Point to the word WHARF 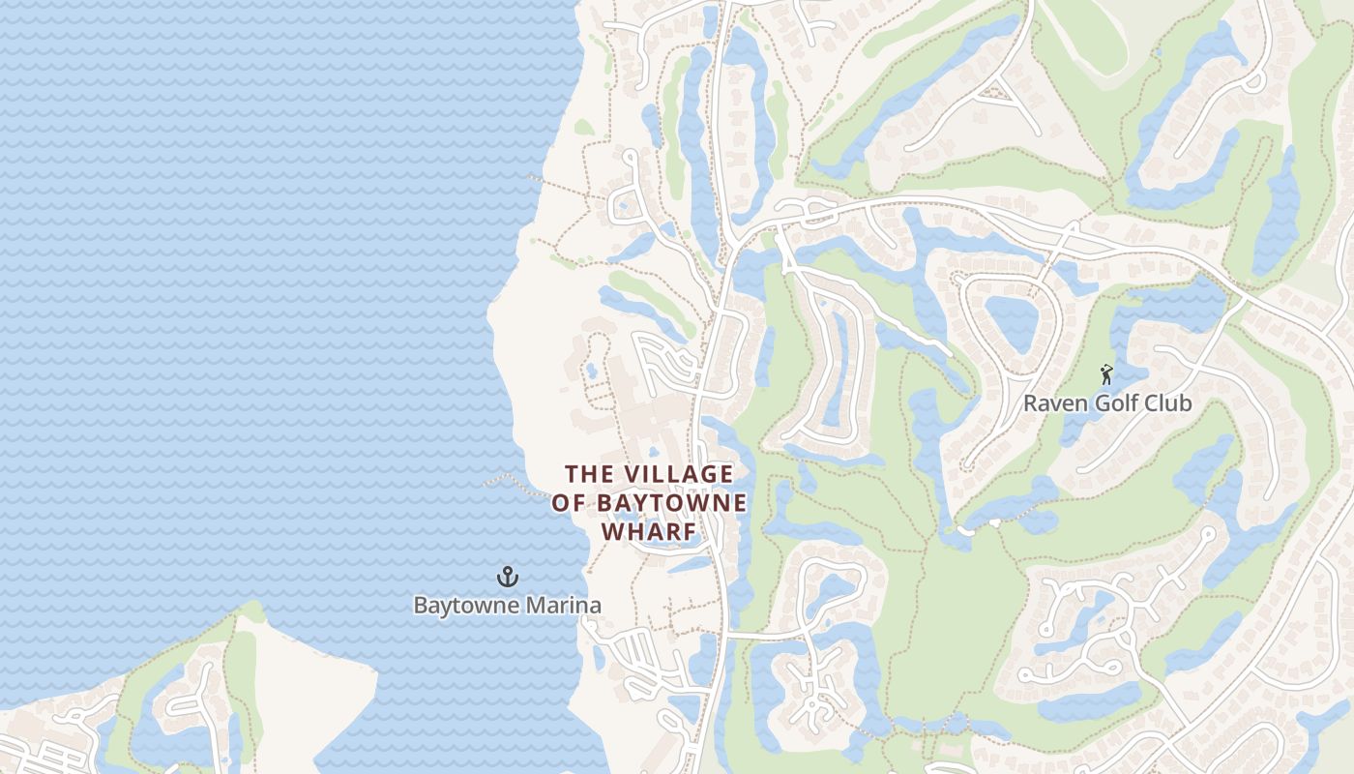[x=649, y=532]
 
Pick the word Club [x=1167, y=403]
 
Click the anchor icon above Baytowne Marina [x=508, y=578]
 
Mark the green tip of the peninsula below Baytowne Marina [x=250, y=612]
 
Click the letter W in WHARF [x=612, y=532]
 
